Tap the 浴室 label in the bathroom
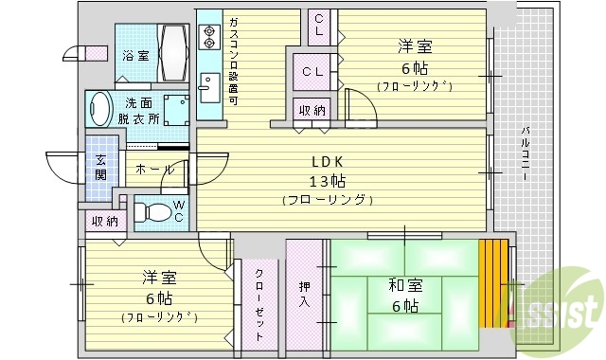click(x=135, y=56)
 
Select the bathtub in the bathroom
click(x=174, y=56)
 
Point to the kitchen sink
click(x=209, y=91)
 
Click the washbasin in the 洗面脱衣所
click(x=99, y=109)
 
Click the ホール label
click(x=153, y=169)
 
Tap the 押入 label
click(x=304, y=295)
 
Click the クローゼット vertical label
click(x=259, y=301)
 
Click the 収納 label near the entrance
click(x=104, y=222)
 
